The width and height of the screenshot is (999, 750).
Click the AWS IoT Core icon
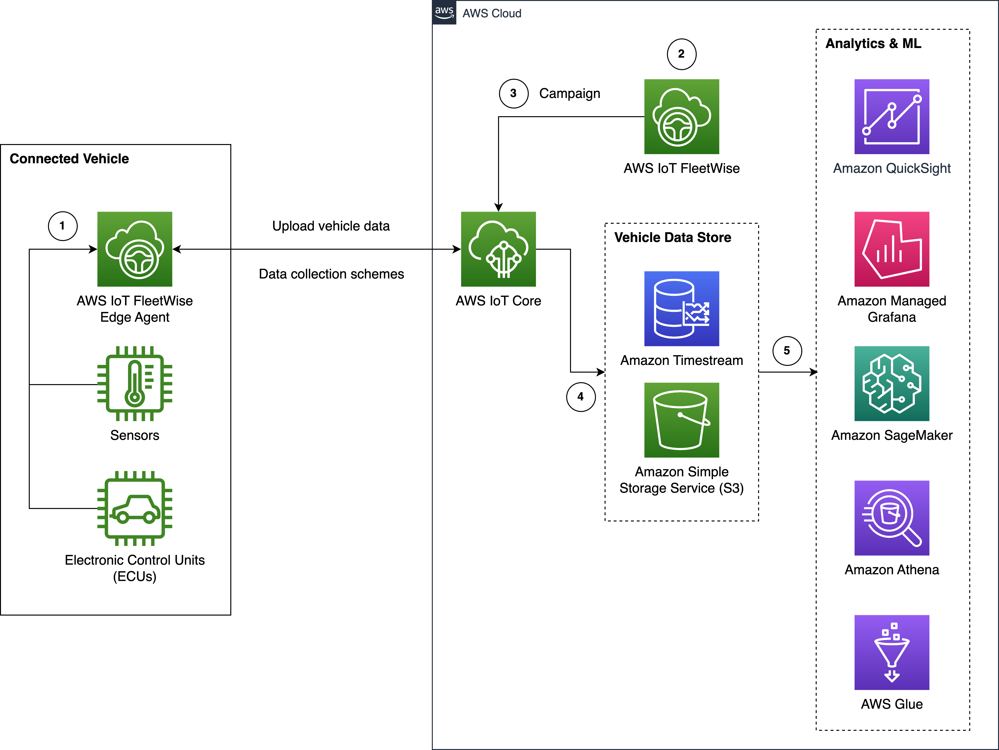pos(498,249)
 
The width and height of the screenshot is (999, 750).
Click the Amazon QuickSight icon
pos(892,117)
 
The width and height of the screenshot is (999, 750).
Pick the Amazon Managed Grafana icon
pos(892,249)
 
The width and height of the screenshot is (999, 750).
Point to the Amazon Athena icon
pos(892,518)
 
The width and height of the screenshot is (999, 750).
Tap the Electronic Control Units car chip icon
pos(135,508)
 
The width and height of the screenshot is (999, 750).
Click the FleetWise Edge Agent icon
pos(135,249)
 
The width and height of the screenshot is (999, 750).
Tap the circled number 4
pos(581,397)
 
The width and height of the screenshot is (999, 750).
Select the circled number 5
pos(787,351)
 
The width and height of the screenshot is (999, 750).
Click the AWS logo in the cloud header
pos(444,12)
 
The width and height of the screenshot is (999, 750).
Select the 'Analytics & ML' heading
pos(873,43)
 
